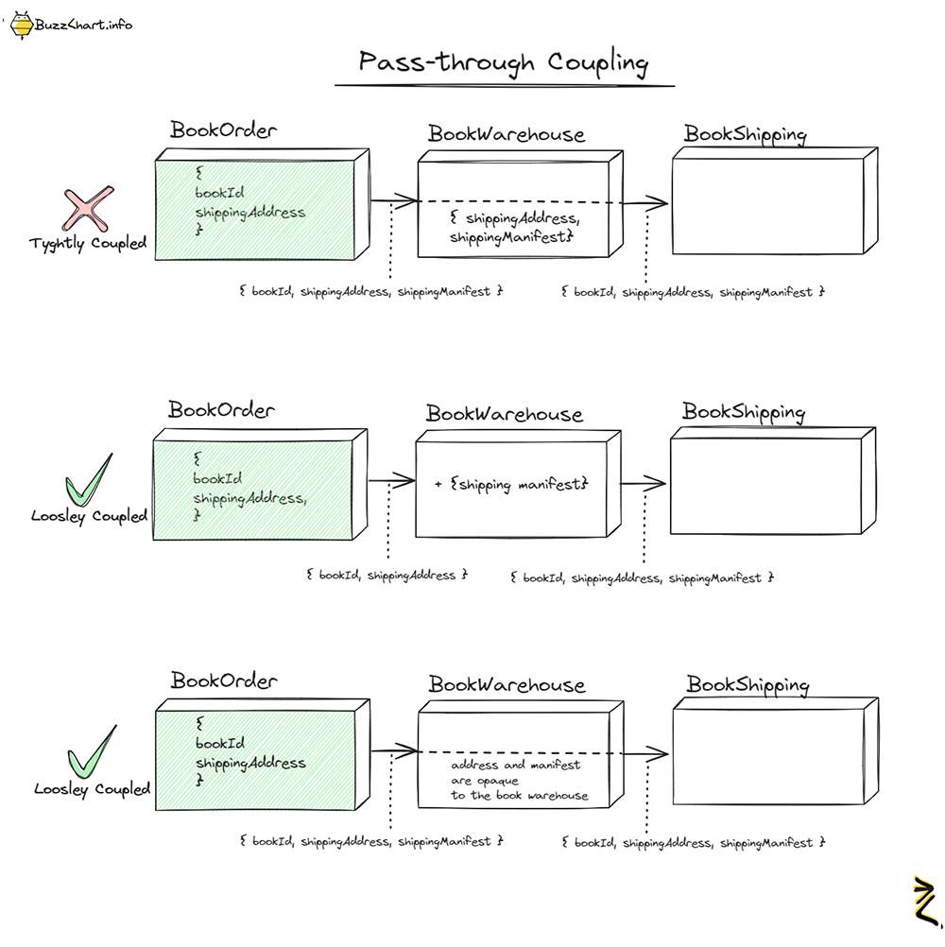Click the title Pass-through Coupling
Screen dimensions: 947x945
tap(504, 62)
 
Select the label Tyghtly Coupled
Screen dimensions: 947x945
tap(88, 244)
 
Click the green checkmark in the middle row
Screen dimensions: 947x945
tap(88, 482)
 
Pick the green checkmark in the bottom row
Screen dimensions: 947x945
tap(91, 752)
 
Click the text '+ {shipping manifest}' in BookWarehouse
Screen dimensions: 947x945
tap(511, 484)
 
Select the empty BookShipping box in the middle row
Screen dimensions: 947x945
tap(765, 485)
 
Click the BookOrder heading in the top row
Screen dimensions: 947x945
tap(224, 130)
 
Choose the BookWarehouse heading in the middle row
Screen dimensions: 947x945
tap(505, 414)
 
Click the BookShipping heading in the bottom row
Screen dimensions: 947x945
tap(747, 684)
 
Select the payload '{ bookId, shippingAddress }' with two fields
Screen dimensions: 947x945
tap(387, 575)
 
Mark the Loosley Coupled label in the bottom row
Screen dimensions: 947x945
tap(92, 789)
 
